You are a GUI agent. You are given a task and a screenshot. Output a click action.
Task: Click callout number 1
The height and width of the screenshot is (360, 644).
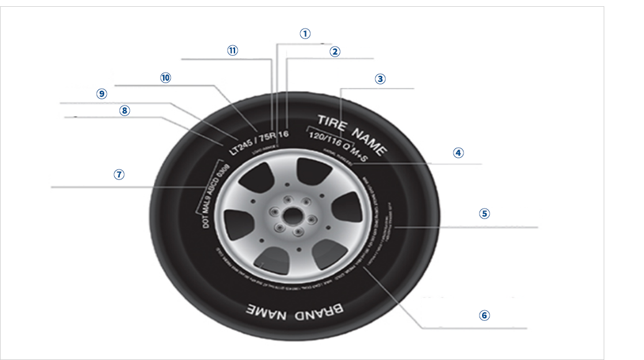[x=305, y=34]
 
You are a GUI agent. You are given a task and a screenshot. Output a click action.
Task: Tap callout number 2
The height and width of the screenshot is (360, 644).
[x=335, y=52]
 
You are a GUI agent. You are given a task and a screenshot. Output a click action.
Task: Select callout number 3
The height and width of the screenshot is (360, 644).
[x=380, y=79]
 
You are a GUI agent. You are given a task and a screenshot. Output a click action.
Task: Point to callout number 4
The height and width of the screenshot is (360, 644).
[x=458, y=152]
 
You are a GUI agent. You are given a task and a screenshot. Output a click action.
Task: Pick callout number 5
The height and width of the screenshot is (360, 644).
[x=485, y=213]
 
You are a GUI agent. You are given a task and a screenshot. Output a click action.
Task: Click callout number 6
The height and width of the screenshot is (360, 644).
[x=485, y=315]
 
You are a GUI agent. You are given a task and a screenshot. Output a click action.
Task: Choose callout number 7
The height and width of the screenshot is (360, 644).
[x=120, y=174]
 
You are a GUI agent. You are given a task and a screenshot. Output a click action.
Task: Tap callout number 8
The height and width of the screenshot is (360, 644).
[x=125, y=110]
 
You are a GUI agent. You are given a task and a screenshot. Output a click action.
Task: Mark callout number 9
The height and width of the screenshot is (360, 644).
[x=102, y=94]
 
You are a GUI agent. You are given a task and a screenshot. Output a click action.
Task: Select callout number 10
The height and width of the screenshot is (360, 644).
[x=165, y=78]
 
